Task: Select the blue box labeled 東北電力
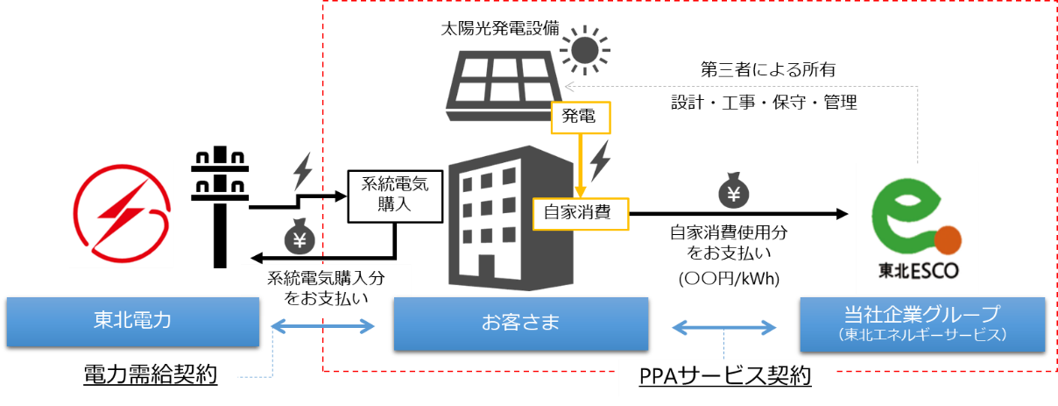point(132,321)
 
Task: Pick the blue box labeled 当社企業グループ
point(921,324)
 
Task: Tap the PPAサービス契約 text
point(723,376)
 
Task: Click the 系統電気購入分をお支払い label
point(326,288)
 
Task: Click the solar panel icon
point(500,86)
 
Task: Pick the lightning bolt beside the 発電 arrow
point(601,160)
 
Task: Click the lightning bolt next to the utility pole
point(302,171)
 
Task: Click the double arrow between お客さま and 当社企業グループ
point(723,327)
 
